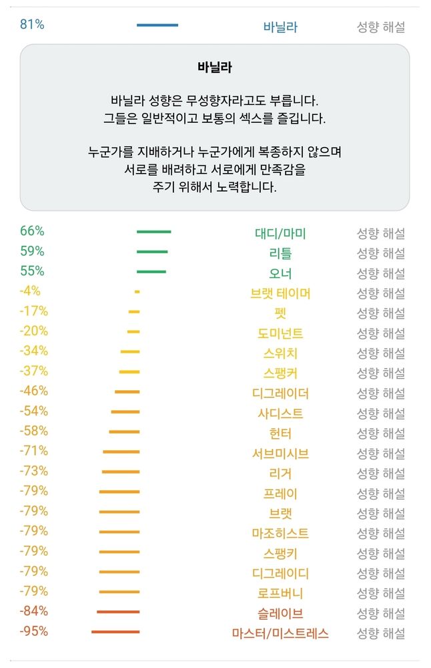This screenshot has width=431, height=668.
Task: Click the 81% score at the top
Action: click(x=32, y=25)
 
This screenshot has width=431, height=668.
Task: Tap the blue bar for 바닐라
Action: click(x=157, y=25)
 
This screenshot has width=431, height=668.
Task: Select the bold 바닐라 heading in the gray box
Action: click(x=215, y=67)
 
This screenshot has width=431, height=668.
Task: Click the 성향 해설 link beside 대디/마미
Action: click(x=380, y=234)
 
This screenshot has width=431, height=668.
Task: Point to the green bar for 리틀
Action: click(x=152, y=252)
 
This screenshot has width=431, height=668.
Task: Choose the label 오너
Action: click(x=280, y=273)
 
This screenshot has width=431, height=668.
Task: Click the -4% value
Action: click(x=30, y=291)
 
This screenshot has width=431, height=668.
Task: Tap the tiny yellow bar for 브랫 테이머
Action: click(x=137, y=292)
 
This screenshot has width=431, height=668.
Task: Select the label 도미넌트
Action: click(x=280, y=333)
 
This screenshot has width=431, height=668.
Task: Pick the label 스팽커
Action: click(x=280, y=373)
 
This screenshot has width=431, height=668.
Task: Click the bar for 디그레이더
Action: click(x=127, y=391)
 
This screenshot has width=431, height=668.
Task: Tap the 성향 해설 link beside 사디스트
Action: click(x=380, y=413)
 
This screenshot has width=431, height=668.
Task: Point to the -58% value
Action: click(x=33, y=431)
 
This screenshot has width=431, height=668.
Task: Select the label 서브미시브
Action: click(x=280, y=454)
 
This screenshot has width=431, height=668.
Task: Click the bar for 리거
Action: click(x=121, y=472)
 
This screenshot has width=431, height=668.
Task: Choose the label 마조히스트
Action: click(x=280, y=534)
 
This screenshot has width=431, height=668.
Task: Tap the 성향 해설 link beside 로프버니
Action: click(x=380, y=593)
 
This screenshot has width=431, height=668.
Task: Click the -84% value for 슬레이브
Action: click(x=33, y=611)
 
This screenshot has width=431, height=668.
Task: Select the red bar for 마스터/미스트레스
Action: click(x=115, y=631)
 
